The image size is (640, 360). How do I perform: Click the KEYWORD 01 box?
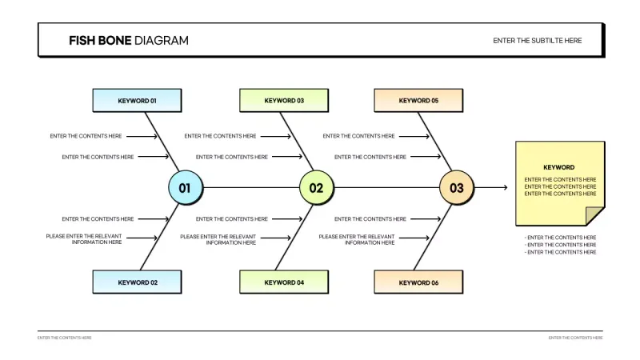coord(137,101)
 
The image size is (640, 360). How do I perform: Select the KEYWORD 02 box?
coord(137,282)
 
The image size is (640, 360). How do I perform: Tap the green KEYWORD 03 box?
coord(284,101)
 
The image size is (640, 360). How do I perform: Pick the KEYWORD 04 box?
coord(284,282)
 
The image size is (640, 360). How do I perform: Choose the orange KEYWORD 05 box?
coord(418,101)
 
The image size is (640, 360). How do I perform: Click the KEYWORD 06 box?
coord(418,282)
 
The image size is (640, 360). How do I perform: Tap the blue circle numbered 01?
coord(185,188)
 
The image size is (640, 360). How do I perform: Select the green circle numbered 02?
coord(316,188)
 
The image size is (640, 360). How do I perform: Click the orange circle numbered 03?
coord(456,188)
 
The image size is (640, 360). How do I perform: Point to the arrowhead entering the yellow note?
coord(504,188)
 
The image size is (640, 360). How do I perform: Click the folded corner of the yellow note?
coord(594,215)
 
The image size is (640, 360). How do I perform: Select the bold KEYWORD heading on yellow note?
coord(559,167)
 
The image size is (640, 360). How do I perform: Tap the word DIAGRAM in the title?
coord(162,40)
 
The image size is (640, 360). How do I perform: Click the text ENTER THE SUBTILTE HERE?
coord(537,40)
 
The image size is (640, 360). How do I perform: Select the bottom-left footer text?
coord(64,338)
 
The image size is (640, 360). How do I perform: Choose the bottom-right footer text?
coord(575,338)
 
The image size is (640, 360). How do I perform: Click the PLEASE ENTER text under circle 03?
coord(357,239)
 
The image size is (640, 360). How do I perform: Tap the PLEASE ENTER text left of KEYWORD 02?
coord(84,239)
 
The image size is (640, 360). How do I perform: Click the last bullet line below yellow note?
coord(560,252)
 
